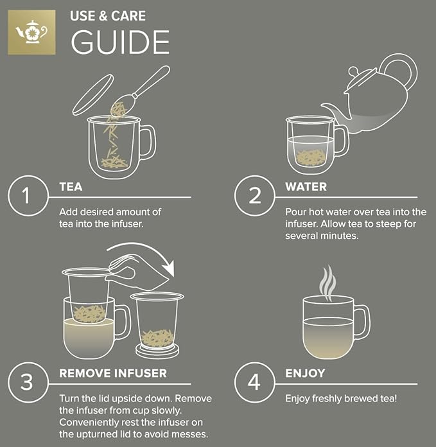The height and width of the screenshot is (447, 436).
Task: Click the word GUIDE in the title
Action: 120,42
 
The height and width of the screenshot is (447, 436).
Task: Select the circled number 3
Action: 26,382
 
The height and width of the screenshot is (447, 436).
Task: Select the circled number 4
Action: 255,382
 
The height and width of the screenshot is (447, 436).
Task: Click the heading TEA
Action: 71,187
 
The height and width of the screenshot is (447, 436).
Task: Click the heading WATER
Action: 306,187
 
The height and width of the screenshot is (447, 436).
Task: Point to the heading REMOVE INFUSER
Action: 113,373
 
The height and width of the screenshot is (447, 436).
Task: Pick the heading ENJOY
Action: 305,373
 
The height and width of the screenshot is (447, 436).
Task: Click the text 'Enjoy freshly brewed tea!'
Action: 341,399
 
